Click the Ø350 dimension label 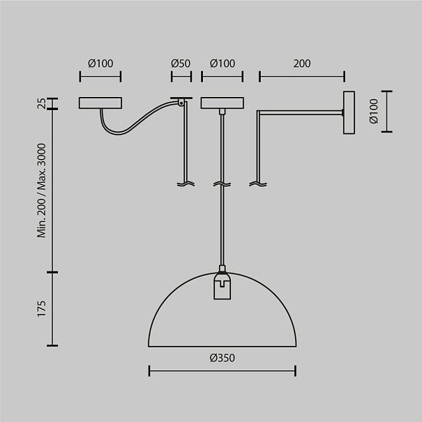[x=223, y=358]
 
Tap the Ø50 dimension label [x=181, y=63]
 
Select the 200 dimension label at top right [x=302, y=63]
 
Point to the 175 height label [x=42, y=309]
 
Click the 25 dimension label [x=42, y=103]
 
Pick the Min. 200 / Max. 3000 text [x=42, y=190]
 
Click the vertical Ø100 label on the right [x=374, y=111]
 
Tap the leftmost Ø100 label [x=100, y=63]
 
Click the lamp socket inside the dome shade [x=222, y=286]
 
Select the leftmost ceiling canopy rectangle [x=100, y=103]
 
